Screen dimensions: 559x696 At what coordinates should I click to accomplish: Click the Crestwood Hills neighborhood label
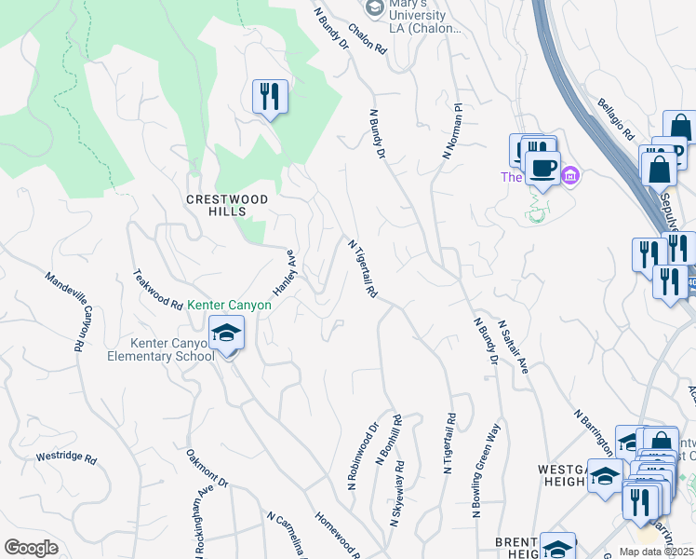coord(227,205)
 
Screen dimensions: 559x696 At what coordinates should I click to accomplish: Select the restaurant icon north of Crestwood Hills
coord(270,96)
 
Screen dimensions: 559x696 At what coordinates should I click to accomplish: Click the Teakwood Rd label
coord(158,290)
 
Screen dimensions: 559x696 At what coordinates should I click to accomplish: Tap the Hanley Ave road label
coord(284,272)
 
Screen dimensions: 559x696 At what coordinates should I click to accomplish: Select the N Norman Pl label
coord(452,131)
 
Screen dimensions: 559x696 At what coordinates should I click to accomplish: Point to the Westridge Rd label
coord(66,458)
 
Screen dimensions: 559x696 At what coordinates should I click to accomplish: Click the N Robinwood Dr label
coord(363,457)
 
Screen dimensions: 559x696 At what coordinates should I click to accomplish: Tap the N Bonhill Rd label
coord(388,440)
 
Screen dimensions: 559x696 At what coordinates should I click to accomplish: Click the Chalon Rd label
coord(367,38)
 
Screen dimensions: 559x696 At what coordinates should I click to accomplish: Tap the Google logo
coord(31,548)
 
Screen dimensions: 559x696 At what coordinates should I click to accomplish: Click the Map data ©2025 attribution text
coord(656,552)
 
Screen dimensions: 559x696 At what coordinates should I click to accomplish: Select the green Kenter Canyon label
coord(229,305)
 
